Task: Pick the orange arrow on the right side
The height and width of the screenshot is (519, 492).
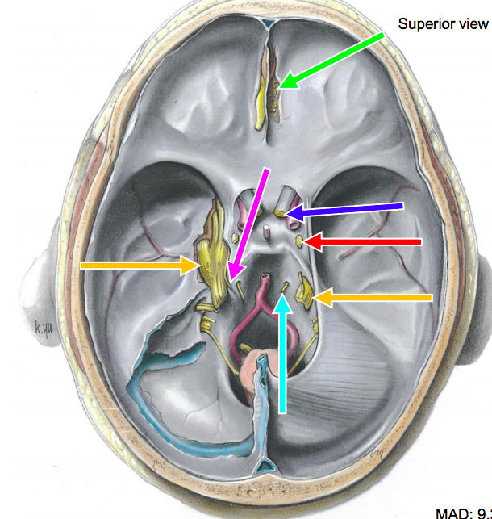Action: (x=375, y=298)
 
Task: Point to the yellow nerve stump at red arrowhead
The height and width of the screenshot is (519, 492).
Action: (x=300, y=241)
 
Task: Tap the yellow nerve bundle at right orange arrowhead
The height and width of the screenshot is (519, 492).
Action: (x=306, y=291)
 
